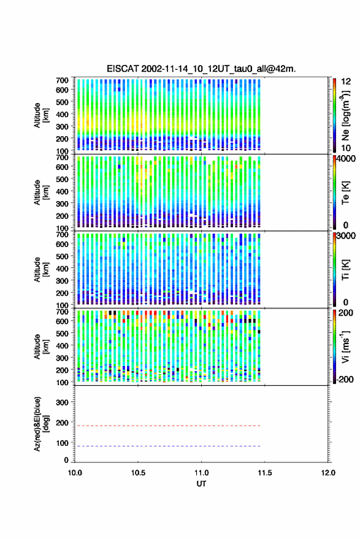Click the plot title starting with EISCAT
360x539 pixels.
coord(201,69)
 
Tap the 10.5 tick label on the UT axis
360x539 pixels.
coord(138,473)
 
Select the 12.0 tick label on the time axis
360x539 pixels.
coord(328,473)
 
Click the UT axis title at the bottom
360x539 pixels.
coord(201,484)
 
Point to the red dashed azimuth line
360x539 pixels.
coord(167,426)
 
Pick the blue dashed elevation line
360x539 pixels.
coord(167,446)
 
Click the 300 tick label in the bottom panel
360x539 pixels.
coord(62,402)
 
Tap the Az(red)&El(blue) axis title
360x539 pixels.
coord(41,424)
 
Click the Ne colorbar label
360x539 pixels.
coord(345,115)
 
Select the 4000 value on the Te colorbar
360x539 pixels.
coord(346,159)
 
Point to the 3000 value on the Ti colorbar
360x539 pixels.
coord(346,236)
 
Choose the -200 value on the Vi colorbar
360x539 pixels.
coord(345,380)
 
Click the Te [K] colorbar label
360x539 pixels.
coord(345,193)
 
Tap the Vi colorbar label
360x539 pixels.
coord(345,346)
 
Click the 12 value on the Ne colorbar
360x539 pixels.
coord(347,82)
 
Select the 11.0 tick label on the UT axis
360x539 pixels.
coord(201,473)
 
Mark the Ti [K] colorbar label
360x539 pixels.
coord(345,270)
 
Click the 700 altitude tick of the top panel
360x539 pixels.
coord(62,80)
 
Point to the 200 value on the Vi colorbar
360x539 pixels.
coord(346,313)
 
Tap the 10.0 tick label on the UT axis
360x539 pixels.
coord(75,473)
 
